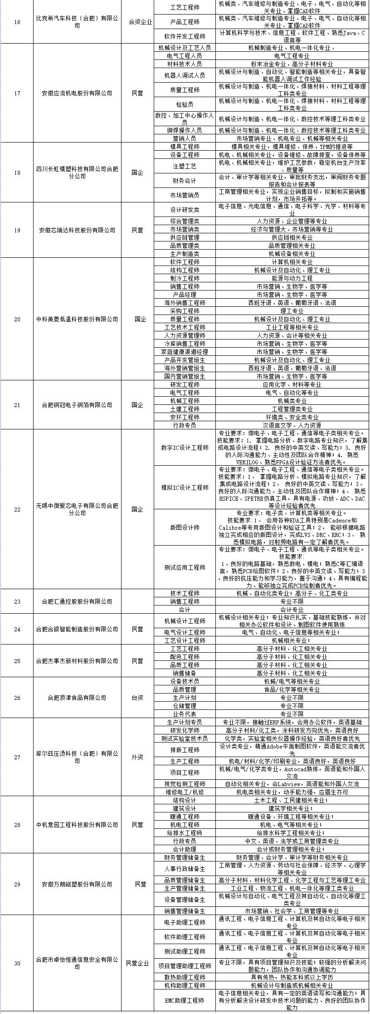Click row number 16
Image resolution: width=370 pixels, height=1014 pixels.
pos(17,22)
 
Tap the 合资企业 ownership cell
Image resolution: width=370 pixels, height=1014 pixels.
pos(140,22)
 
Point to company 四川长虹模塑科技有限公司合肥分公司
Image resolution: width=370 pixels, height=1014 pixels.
pos(77,172)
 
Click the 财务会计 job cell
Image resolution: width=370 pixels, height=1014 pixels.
pos(185,181)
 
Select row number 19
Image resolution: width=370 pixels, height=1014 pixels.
pos(17,230)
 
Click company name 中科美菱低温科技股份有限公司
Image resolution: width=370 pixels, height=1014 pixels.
pos(77,319)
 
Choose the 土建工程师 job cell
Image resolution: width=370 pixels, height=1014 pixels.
pos(185,409)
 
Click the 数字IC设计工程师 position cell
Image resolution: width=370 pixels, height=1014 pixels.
pos(185,448)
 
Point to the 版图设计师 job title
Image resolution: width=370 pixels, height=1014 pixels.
pos(185,527)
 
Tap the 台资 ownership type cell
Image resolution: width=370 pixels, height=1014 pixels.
pos(137,698)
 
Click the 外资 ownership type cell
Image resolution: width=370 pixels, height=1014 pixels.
pos(137,757)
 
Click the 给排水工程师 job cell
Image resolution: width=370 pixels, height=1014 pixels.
pos(185,833)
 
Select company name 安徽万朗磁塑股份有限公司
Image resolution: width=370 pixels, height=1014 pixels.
pos(77,884)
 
